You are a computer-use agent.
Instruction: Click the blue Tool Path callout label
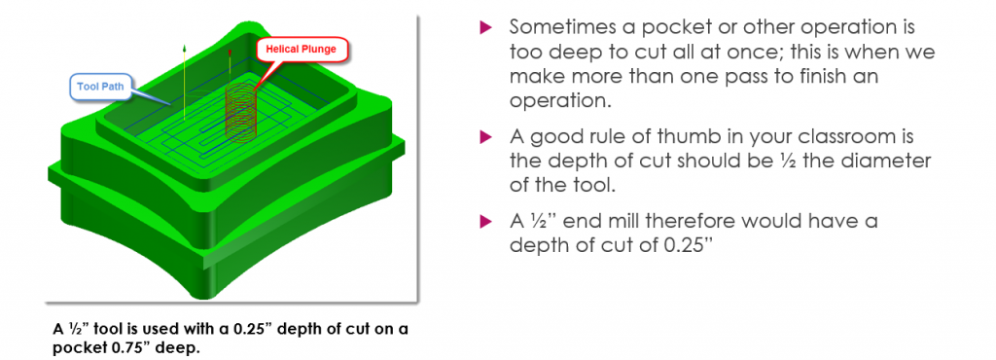(103, 87)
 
